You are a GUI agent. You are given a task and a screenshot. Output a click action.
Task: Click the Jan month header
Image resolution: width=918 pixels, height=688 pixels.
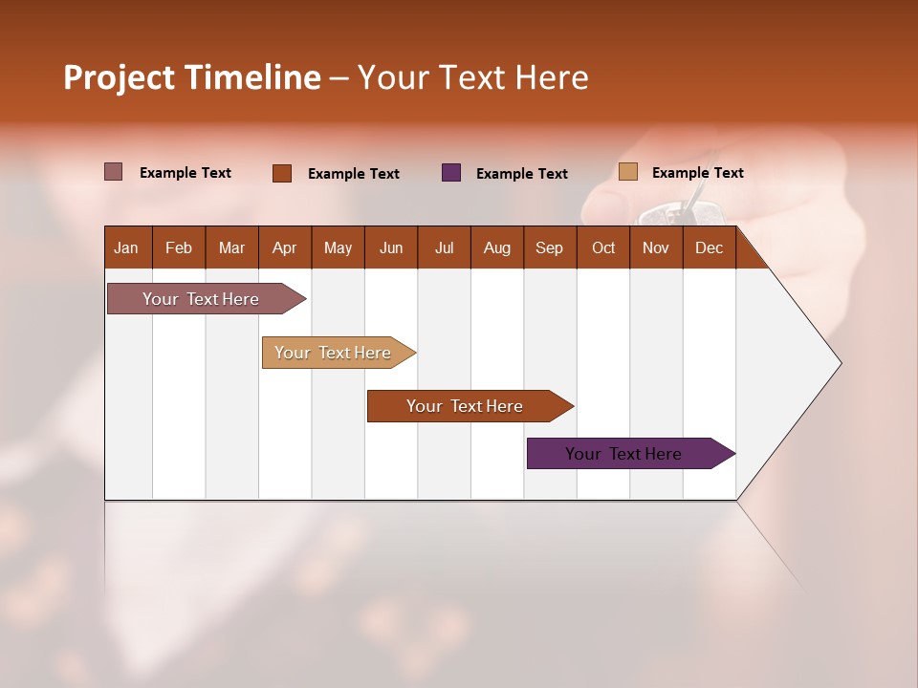(x=126, y=247)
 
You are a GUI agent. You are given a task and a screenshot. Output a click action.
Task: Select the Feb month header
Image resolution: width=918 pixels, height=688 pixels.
(x=179, y=247)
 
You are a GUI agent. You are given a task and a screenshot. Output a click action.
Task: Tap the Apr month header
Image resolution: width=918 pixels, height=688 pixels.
(x=284, y=247)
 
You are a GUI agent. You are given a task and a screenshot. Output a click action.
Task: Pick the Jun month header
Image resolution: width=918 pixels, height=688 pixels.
(x=391, y=247)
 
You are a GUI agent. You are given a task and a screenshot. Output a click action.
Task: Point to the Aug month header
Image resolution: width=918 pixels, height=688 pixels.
(x=496, y=247)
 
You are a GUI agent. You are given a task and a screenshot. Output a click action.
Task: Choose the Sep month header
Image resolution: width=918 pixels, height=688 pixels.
(x=549, y=247)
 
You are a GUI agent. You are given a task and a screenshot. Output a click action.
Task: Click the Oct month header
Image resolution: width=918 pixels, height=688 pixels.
(x=603, y=247)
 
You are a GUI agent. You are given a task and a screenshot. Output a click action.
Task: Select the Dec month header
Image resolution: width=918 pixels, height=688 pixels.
(x=709, y=247)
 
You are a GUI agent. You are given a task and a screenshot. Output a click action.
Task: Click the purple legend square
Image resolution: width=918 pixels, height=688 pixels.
(x=451, y=173)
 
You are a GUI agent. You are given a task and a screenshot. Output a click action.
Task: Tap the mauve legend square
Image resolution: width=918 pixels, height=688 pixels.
(x=114, y=172)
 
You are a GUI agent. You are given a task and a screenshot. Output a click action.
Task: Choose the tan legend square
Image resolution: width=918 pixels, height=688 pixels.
(x=627, y=172)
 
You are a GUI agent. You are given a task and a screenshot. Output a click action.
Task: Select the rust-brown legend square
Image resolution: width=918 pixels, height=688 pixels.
(x=282, y=173)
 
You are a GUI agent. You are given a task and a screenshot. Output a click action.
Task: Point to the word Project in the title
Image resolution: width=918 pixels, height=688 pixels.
(x=119, y=77)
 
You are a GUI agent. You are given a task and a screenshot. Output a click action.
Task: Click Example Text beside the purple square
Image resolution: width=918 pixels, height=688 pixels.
(x=521, y=174)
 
